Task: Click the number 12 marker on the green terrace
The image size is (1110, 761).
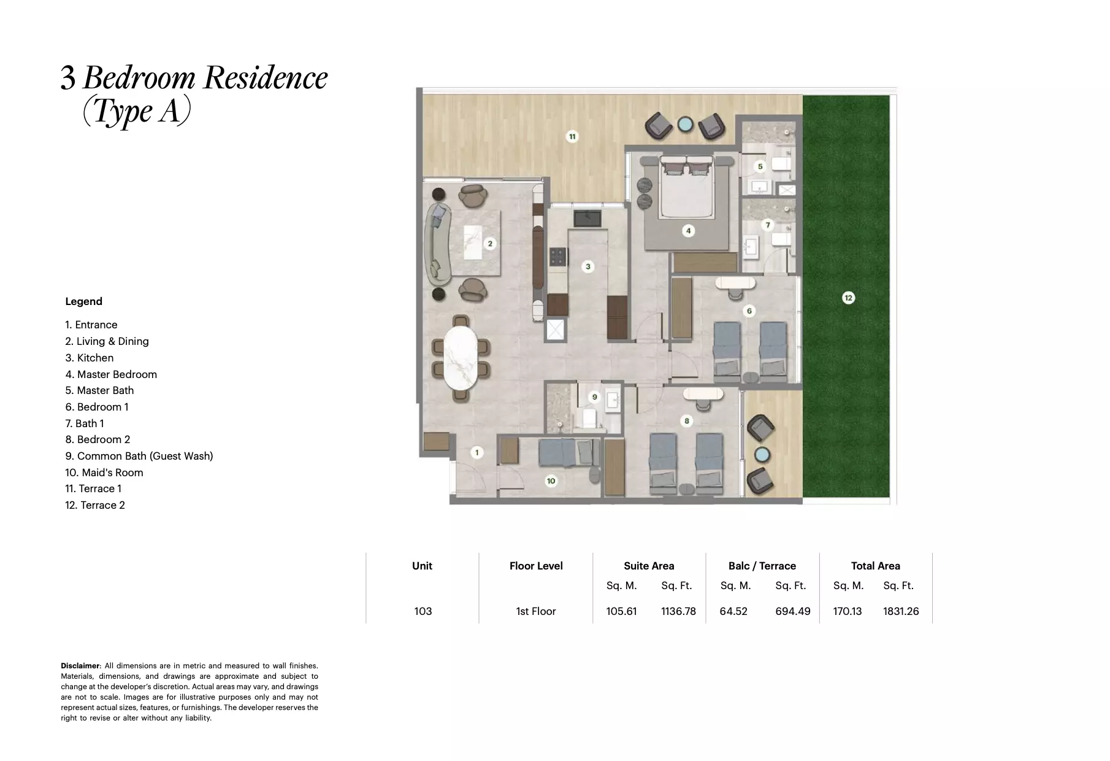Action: (848, 298)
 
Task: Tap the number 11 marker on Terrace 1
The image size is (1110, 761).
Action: (572, 136)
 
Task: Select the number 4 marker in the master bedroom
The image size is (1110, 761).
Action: (689, 231)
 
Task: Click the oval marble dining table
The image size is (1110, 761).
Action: (461, 358)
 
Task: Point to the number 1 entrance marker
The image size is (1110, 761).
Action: (477, 452)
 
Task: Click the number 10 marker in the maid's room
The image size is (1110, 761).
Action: (551, 481)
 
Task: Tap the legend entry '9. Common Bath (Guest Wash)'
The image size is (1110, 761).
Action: (139, 456)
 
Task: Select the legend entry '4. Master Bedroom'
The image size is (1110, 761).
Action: (111, 374)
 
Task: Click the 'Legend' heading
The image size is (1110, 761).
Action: (84, 301)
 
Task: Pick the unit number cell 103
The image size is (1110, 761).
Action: (423, 611)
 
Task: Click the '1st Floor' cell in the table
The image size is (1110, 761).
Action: (535, 611)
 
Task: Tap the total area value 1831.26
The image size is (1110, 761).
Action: (900, 611)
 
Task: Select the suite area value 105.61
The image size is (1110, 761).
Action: (621, 611)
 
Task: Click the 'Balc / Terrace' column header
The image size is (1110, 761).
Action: (762, 566)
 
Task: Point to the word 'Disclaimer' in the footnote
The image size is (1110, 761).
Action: (80, 666)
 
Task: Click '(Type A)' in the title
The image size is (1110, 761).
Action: (137, 112)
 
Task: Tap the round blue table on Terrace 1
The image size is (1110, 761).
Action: (684, 125)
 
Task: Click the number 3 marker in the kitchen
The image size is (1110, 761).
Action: (588, 266)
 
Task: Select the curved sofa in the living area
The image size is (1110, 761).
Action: (438, 242)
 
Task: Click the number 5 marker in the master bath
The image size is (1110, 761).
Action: (760, 166)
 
